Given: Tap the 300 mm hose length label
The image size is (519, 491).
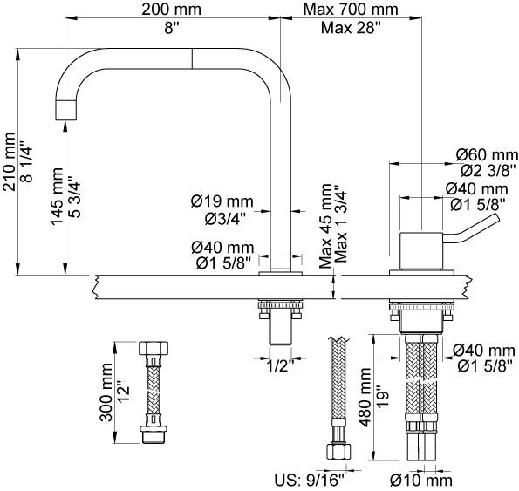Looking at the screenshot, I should point(106,392).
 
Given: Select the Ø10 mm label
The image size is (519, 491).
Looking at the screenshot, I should point(421,480).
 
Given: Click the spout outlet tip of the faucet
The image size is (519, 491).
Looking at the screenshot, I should point(66,111).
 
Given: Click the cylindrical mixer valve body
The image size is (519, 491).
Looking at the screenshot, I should point(423,251).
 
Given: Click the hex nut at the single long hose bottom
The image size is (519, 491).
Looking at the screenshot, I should point(336,453).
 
